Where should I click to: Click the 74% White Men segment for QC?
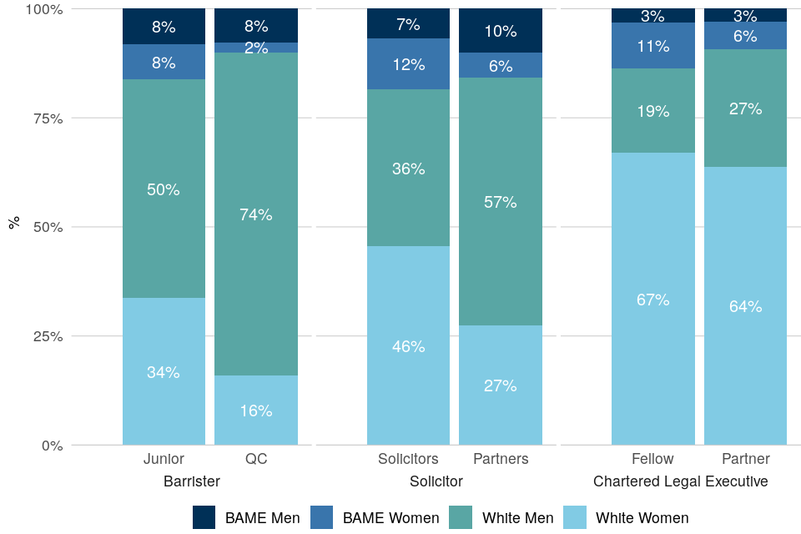(256, 214)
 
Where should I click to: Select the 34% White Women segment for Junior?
(164, 371)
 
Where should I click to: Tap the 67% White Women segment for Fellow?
(652, 299)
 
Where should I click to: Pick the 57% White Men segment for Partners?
(501, 202)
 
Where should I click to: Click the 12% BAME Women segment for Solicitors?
(409, 64)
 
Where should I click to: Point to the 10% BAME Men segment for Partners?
(501, 31)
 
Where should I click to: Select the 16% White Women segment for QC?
(256, 411)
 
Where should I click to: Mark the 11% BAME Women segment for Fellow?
(652, 46)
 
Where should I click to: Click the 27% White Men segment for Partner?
(745, 108)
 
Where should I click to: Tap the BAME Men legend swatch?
(204, 518)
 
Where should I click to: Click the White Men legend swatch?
(461, 518)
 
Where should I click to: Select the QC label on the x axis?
(256, 459)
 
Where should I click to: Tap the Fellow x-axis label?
(652, 459)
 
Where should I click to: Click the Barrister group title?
(193, 481)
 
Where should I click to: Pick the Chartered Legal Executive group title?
(680, 481)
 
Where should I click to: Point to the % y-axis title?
(13, 224)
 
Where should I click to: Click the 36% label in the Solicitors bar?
(409, 169)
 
